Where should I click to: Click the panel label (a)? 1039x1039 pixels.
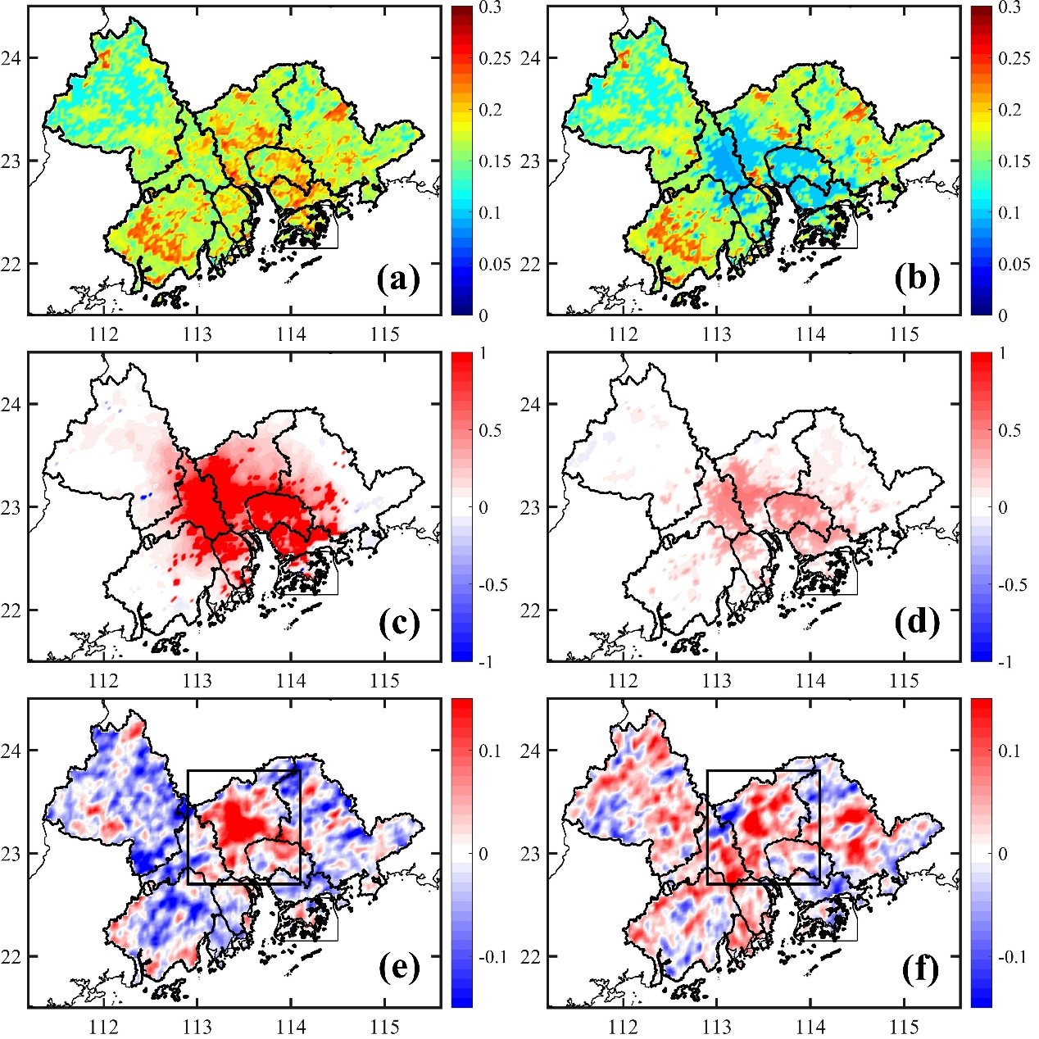coord(398,280)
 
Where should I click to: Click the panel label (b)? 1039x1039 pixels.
coord(917,280)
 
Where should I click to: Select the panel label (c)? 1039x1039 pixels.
coord(398,624)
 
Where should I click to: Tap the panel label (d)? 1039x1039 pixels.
coord(917,624)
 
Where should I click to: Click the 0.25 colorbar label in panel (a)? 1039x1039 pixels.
coord(494,59)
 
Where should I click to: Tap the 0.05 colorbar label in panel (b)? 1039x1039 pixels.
coord(1014,264)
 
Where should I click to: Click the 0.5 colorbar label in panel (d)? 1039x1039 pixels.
coord(1010,431)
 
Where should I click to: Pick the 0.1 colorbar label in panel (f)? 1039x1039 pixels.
coord(1010,751)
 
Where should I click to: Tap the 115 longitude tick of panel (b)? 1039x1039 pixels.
coord(905,334)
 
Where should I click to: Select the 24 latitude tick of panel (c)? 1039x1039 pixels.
coord(14,404)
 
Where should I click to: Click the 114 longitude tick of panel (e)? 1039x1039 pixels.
coord(291,1027)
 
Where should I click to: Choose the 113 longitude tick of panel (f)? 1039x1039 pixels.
coord(717,1027)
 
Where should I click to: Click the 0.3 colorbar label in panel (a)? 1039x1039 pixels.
coord(491,8)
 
